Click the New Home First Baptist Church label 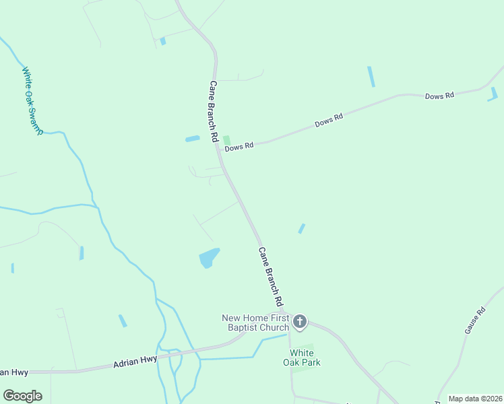(x=256, y=323)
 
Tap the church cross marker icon (x=301, y=322)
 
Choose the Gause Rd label (x=475, y=321)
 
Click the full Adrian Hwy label (x=135, y=361)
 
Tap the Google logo (x=22, y=396)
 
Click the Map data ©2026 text (x=475, y=399)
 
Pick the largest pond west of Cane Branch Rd (x=209, y=257)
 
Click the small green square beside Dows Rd (x=226, y=139)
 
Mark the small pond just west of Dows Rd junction (x=193, y=139)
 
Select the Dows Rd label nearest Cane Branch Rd (x=239, y=145)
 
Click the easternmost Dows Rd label (x=439, y=96)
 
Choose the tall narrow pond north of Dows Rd (x=371, y=76)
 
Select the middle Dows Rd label (x=329, y=121)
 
